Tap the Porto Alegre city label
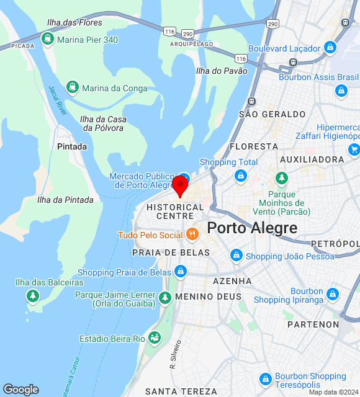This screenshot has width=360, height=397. pyautogui.click(x=252, y=228)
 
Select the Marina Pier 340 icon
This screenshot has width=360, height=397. pyautogui.click(x=47, y=40)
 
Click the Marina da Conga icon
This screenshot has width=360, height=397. pyautogui.click(x=72, y=87)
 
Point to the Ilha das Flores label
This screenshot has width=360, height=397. pyautogui.click(x=74, y=23)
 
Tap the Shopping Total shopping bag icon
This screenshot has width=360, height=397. pyautogui.click(x=240, y=176)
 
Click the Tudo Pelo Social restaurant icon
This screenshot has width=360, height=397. pyautogui.click(x=192, y=234)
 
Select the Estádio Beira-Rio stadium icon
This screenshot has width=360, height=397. pyautogui.click(x=155, y=339)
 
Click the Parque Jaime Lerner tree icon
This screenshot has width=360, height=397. pyautogui.click(x=164, y=298)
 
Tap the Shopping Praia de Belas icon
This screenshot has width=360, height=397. pyautogui.click(x=180, y=272)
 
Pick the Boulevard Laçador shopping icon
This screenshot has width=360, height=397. pyautogui.click(x=330, y=48)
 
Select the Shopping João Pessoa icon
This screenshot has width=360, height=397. pyautogui.click(x=236, y=256)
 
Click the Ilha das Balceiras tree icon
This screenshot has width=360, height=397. pyautogui.click(x=32, y=295)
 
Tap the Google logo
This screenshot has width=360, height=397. pyautogui.click(x=20, y=390)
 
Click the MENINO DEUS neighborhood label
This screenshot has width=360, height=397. pyautogui.click(x=208, y=297)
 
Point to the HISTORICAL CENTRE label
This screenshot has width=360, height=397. pyautogui.click(x=175, y=212)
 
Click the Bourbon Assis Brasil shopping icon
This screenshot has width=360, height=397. pyautogui.click(x=341, y=91)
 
